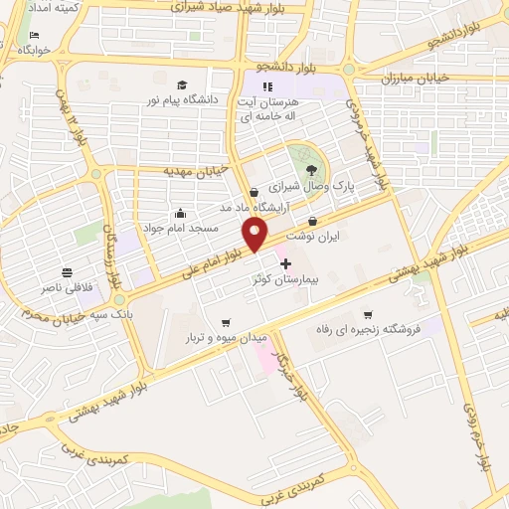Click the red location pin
click(x=255, y=234)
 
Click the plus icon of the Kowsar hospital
click(x=286, y=263)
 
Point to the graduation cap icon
click(x=182, y=85)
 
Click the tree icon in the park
click(x=297, y=155)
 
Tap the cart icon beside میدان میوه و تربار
click(x=226, y=321)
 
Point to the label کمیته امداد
click(x=41, y=7)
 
